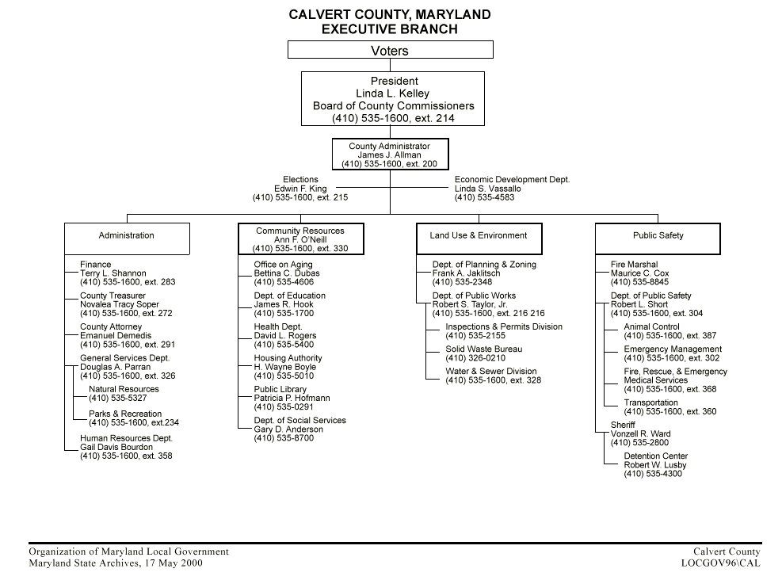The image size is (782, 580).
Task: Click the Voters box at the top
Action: click(x=390, y=51)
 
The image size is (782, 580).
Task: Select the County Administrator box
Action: click(x=390, y=155)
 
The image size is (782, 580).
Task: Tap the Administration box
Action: click(x=127, y=236)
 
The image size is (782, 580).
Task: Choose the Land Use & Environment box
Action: click(x=479, y=236)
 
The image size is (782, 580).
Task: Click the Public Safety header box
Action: click(x=658, y=236)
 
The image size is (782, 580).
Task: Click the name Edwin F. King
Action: click(x=300, y=189)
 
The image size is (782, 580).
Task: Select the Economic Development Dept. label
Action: click(x=512, y=180)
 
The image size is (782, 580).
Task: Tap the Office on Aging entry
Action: click(x=283, y=265)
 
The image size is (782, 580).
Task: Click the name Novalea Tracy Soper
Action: click(x=120, y=305)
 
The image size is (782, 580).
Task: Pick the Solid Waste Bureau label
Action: click(x=484, y=349)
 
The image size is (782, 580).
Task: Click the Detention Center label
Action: click(x=655, y=456)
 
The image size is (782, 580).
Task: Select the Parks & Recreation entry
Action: click(x=125, y=414)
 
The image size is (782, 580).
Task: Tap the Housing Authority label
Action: click(x=288, y=358)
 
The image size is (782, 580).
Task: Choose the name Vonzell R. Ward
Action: click(x=640, y=434)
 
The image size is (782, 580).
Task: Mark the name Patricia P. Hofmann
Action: click(x=292, y=399)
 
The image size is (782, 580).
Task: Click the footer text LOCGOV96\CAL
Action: click(x=720, y=563)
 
